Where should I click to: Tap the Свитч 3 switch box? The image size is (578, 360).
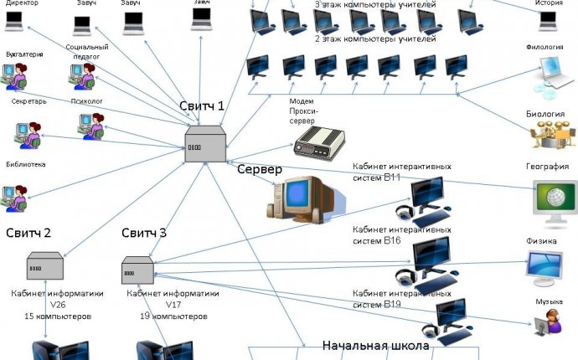(x=137, y=269)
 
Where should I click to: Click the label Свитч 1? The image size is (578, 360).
(x=202, y=105)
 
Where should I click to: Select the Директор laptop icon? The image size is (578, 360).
(x=15, y=23)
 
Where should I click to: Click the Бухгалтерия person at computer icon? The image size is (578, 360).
(x=18, y=77)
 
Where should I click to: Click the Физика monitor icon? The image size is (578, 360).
(x=550, y=268)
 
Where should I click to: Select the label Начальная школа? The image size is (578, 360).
(x=376, y=345)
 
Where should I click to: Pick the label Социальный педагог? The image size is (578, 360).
(x=87, y=51)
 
